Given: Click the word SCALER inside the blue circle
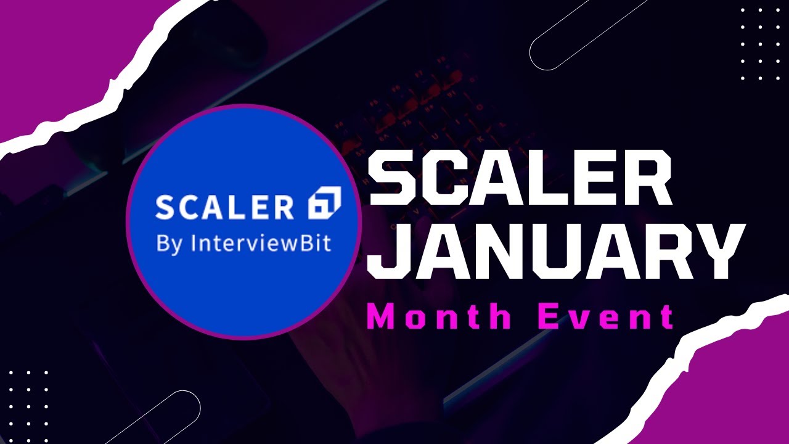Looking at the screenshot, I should [224, 207].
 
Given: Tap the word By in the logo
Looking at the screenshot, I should [170, 244].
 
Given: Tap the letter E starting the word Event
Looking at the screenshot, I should [549, 317].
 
